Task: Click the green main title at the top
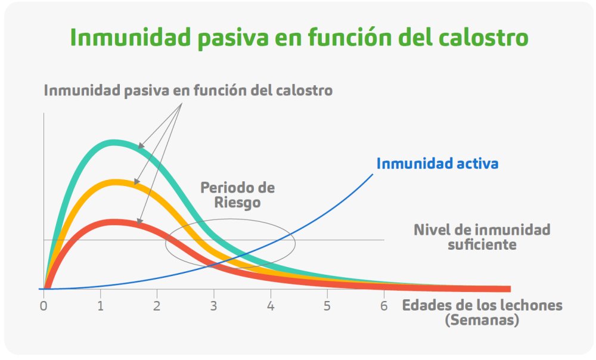click(299, 38)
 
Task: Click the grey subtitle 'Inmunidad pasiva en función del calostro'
click(188, 91)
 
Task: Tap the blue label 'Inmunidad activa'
click(437, 163)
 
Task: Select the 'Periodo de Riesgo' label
click(238, 195)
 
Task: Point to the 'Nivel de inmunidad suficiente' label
click(482, 237)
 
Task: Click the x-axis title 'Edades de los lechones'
click(482, 305)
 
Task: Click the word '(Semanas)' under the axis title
click(482, 319)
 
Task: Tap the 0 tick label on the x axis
click(44, 306)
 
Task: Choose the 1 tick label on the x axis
click(100, 306)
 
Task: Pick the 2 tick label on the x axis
click(157, 306)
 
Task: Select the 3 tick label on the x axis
click(213, 306)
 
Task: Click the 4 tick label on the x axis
click(271, 306)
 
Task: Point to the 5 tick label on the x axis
click(327, 306)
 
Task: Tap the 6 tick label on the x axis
click(384, 306)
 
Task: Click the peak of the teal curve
click(113, 142)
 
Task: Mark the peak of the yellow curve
click(113, 182)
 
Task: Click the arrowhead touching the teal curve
click(140, 145)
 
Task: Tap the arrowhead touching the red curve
click(139, 221)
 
